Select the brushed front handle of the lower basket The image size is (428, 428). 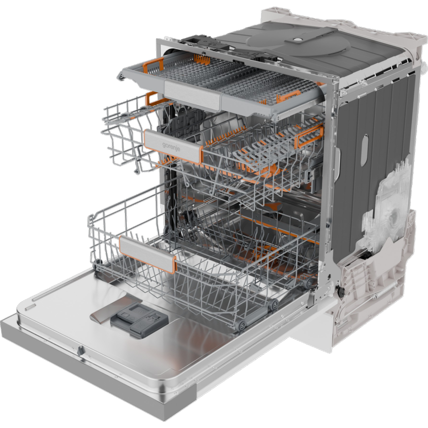(x=147, y=254)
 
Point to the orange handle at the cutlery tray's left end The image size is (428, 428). (x=153, y=65)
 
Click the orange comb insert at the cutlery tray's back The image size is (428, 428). (x=202, y=59)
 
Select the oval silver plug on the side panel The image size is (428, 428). (x=365, y=151)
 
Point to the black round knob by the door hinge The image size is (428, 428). (x=341, y=291)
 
